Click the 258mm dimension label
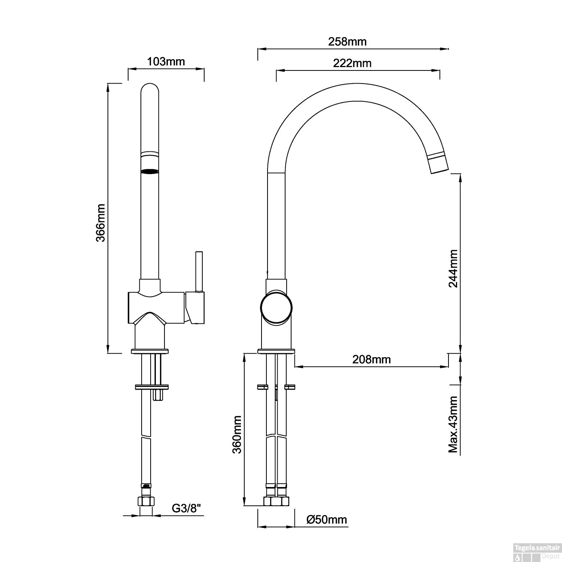point(347,42)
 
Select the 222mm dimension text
point(352,63)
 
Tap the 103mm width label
point(166,61)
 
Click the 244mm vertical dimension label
point(453,268)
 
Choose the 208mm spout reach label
point(371,360)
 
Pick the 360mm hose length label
point(237,434)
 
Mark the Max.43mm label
point(453,424)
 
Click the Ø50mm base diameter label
point(326,520)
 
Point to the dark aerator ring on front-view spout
point(150,172)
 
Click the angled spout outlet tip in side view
point(438,164)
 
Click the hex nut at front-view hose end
point(146,501)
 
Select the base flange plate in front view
point(150,351)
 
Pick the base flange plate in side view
point(276,351)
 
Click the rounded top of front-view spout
point(150,88)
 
